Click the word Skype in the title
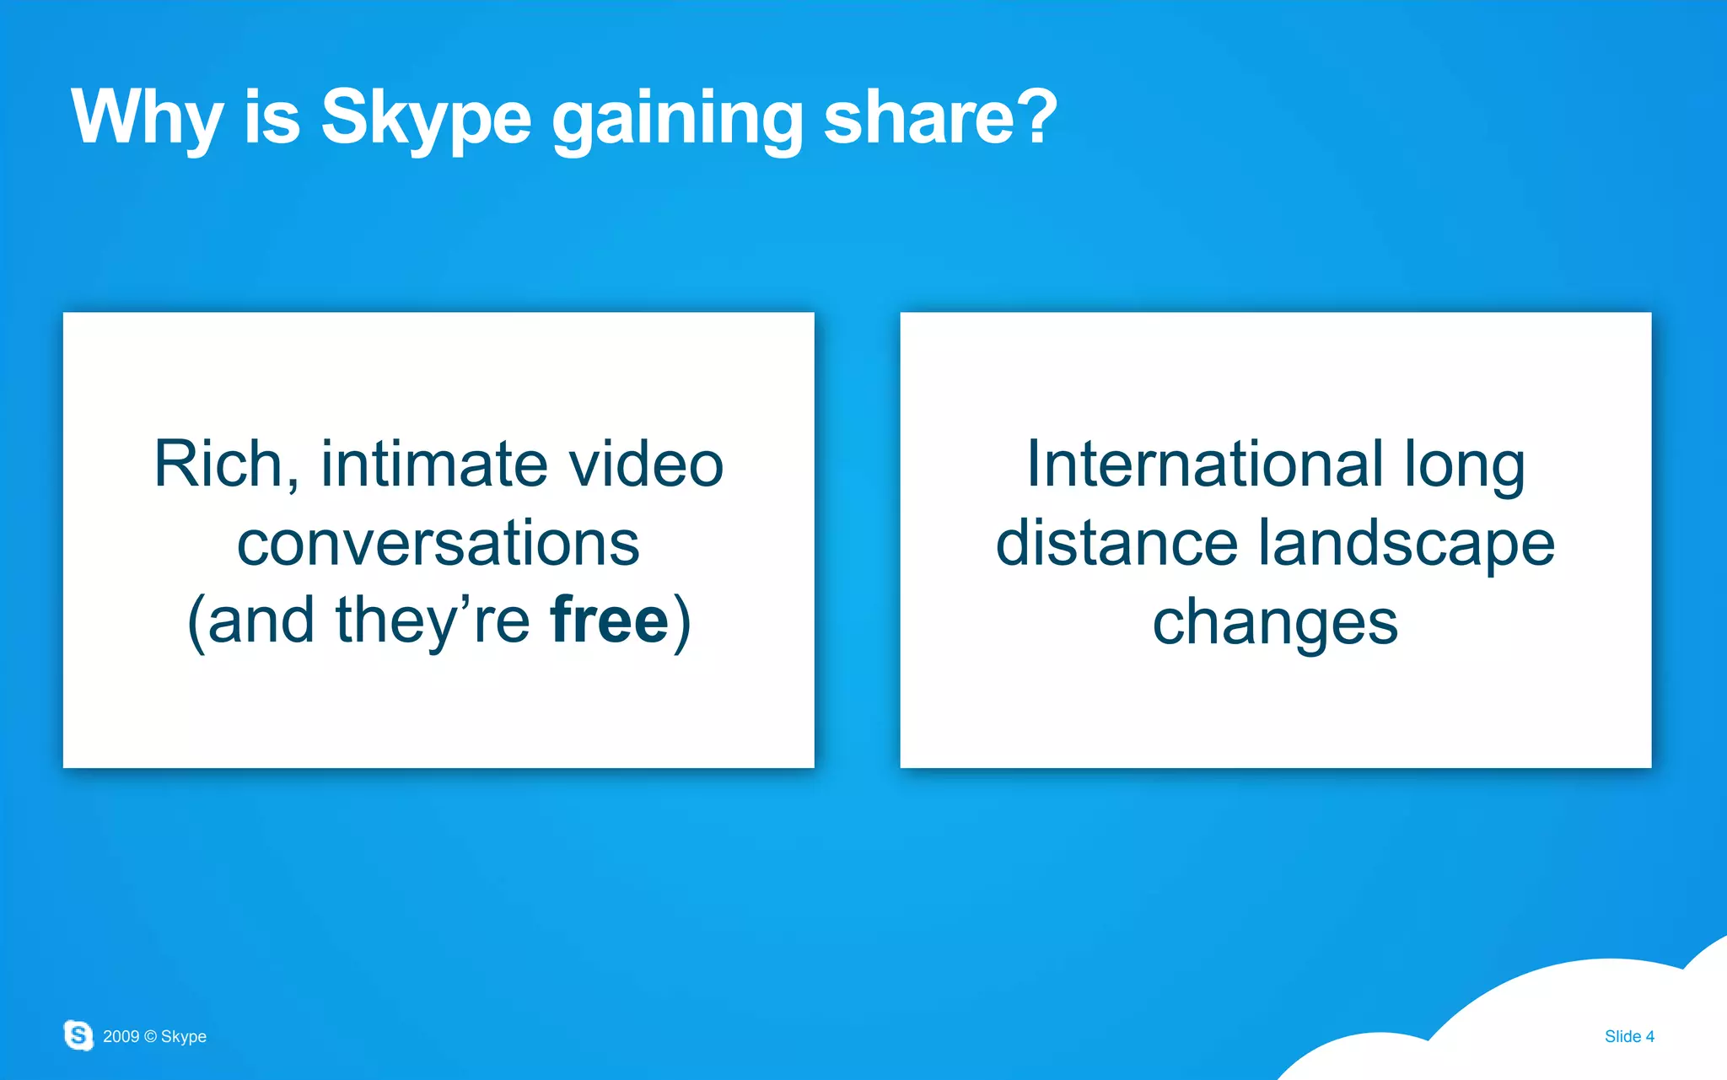tap(426, 118)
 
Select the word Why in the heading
tap(147, 118)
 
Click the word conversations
tap(438, 543)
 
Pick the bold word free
tap(609, 621)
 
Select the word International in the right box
tap(1204, 464)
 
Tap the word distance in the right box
tap(1116, 543)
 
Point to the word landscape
tap(1407, 545)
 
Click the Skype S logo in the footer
tap(78, 1034)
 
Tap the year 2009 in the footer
tap(121, 1036)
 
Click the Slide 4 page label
tap(1629, 1036)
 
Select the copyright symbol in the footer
tap(150, 1036)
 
